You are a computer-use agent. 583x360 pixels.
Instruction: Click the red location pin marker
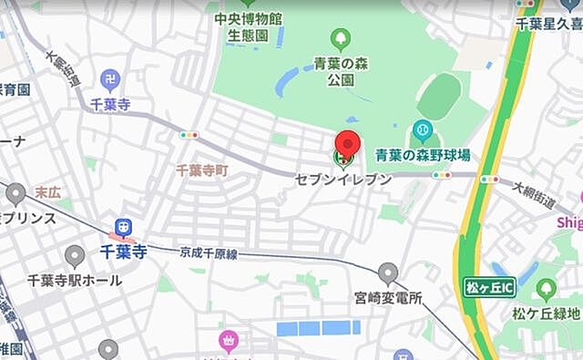coord(345,146)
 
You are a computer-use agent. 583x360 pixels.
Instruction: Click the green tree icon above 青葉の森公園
coord(341,39)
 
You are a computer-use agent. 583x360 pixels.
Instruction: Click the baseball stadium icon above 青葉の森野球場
coord(422,130)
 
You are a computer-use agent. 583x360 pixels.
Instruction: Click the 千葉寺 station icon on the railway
coord(121,228)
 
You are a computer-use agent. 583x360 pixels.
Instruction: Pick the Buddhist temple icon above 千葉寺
coord(110,80)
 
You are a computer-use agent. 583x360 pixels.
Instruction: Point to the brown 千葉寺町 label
coord(202,170)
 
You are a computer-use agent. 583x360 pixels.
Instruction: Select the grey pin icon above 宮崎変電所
coord(389,272)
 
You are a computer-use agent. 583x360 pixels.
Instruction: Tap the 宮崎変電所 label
coord(389,297)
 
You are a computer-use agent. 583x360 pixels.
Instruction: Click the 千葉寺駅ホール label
coord(75,281)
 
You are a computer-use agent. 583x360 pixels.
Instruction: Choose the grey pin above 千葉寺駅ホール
coord(76,257)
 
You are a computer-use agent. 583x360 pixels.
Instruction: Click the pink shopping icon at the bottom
coord(228,343)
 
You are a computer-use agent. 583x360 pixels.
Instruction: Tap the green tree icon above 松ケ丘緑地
coord(547,291)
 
